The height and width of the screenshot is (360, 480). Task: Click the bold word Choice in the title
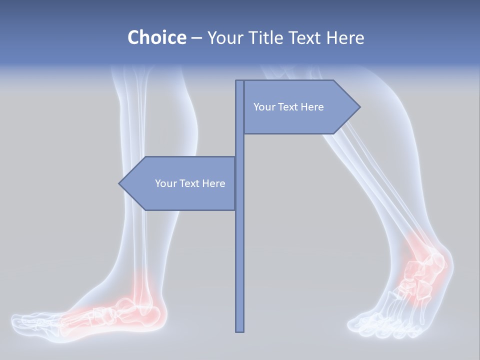[x=156, y=37]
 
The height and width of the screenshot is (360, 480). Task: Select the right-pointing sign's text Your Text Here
[x=288, y=107]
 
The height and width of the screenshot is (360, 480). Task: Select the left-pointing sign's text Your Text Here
[x=190, y=183]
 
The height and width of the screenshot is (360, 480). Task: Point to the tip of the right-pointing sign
[x=359, y=107]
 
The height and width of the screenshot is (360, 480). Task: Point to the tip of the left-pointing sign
[x=119, y=183]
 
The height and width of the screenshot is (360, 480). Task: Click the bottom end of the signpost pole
[x=239, y=330]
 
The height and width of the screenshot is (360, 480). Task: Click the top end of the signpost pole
[x=239, y=81]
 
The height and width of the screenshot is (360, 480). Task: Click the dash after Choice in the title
[x=196, y=37]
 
